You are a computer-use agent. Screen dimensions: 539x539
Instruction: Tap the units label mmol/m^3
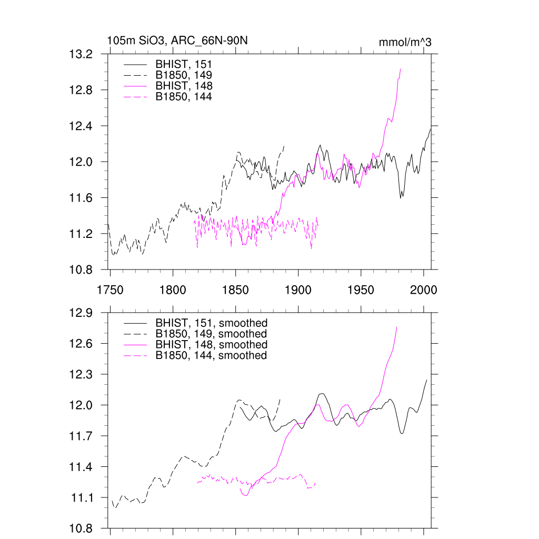pos(405,42)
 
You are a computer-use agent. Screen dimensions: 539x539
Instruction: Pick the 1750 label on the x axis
pos(110,290)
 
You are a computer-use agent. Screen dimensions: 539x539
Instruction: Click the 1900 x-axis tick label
pos(298,290)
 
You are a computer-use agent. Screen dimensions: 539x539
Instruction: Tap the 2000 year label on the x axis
pos(424,290)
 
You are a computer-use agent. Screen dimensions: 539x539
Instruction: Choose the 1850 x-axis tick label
pos(235,290)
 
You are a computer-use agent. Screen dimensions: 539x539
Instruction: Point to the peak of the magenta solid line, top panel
pos(401,69)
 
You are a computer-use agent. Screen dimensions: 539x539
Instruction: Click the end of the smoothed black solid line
pos(426,380)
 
